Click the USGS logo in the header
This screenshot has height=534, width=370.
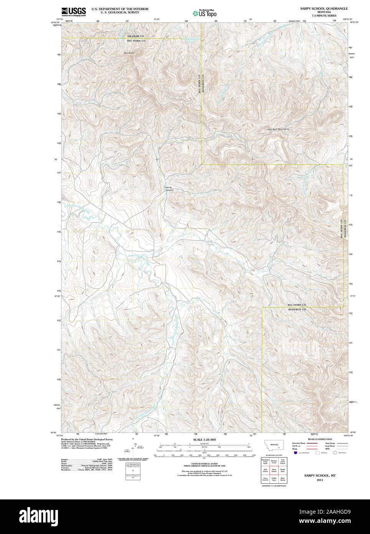(74, 12)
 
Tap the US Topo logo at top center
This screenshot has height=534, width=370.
(205, 13)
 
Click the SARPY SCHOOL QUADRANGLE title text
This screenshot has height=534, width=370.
(324, 8)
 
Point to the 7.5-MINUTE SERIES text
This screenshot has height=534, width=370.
(324, 15)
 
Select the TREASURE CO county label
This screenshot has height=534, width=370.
(135, 36)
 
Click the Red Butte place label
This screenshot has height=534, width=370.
(129, 53)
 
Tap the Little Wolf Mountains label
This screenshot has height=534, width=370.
(278, 129)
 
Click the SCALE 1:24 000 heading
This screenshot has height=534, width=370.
(204, 439)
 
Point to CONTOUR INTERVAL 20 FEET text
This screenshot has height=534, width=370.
(204, 464)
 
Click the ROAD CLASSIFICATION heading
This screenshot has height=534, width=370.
(320, 439)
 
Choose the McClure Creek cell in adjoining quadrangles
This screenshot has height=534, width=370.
(274, 461)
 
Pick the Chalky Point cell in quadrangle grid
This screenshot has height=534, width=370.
(274, 479)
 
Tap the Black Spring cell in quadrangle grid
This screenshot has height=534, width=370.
(283, 479)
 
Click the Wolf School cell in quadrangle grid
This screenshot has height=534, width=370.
(265, 470)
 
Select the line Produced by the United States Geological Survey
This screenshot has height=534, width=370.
(87, 439)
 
